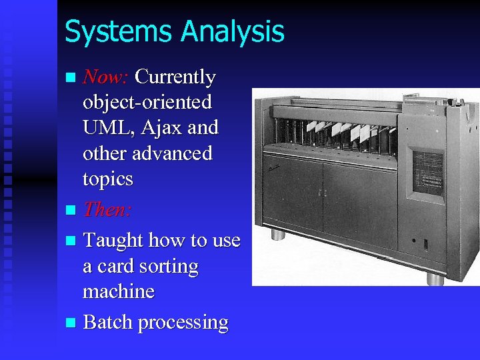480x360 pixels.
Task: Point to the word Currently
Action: pos(175,77)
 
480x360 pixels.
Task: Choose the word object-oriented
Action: pos(147,103)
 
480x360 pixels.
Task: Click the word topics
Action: pos(108,179)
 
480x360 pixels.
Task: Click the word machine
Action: pos(119,292)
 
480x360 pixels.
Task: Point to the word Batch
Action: pos(107,323)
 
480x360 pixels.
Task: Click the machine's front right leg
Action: pos(435,278)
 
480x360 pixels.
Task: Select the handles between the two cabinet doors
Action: pos(321,193)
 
